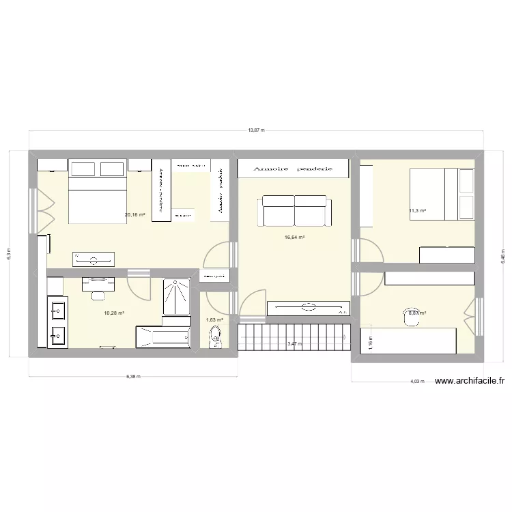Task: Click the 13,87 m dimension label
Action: point(256,129)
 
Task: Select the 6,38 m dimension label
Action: point(133,375)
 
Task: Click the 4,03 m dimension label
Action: point(416,382)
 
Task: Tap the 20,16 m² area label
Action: point(134,214)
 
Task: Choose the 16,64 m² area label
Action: point(294,238)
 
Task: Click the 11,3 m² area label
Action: point(417,210)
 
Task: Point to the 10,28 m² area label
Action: point(114,313)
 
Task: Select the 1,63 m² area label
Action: point(214,319)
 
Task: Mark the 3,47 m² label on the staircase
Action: point(295,344)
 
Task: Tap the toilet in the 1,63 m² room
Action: point(216,335)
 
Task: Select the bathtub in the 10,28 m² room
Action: point(162,337)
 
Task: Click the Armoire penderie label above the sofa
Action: point(293,168)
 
